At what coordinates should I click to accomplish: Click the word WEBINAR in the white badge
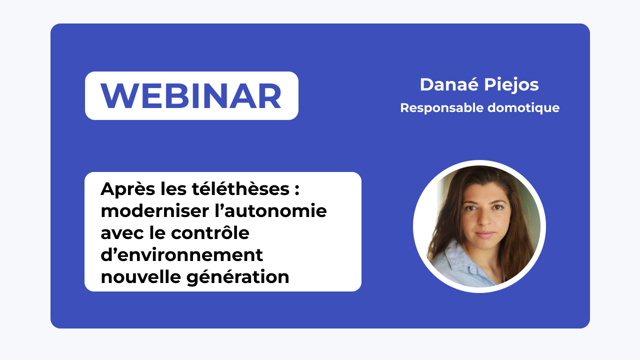coord(191,95)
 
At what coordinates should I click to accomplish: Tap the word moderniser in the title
coord(150,211)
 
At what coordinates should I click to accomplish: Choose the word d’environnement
coord(181,254)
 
